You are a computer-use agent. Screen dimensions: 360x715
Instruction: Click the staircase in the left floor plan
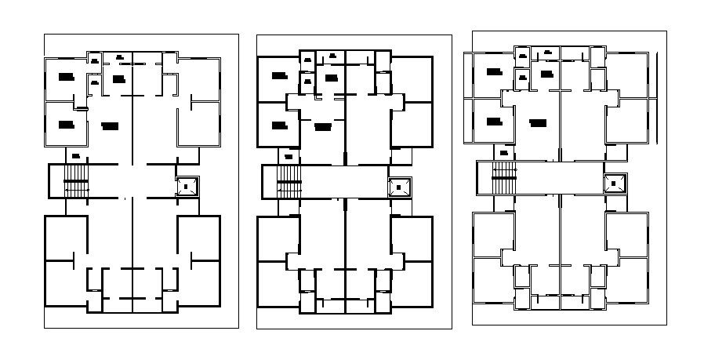(x=77, y=181)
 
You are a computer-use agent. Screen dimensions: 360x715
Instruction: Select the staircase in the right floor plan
(x=503, y=178)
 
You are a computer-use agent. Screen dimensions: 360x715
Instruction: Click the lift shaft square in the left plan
(x=187, y=186)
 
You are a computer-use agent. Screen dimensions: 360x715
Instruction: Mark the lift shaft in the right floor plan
(x=614, y=183)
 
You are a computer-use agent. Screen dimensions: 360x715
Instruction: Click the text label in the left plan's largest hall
(x=110, y=125)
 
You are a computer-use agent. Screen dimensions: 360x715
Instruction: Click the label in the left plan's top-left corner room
(x=66, y=76)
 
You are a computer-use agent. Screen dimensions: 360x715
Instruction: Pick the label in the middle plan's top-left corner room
(x=279, y=76)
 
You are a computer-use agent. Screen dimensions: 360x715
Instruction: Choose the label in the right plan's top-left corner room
(x=493, y=71)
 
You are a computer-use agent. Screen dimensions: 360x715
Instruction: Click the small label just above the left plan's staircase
(x=75, y=155)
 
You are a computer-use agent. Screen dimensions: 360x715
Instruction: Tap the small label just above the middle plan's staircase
(x=289, y=156)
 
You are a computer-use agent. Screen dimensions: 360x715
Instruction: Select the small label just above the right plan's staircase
(x=503, y=151)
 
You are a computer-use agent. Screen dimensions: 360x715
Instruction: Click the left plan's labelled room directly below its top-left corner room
(x=66, y=124)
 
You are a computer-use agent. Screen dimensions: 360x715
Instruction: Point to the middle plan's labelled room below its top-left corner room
(x=279, y=125)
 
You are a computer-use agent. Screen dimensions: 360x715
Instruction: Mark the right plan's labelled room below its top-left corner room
(x=493, y=121)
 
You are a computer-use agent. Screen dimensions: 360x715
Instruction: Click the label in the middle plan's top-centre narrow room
(x=332, y=56)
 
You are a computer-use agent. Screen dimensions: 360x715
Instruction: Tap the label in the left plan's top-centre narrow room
(x=119, y=56)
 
